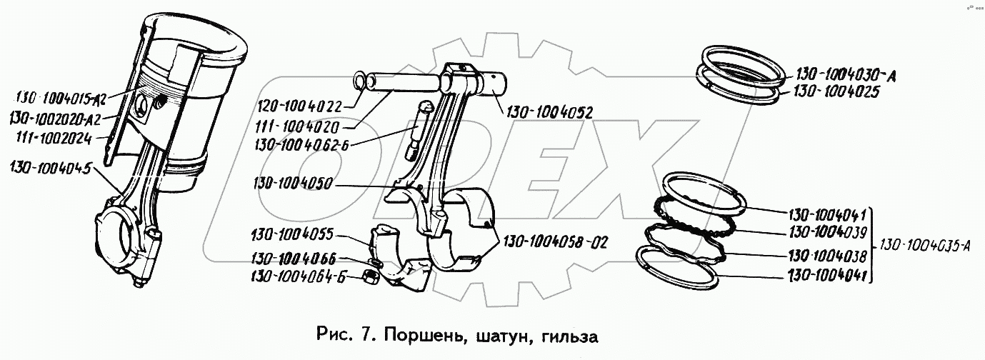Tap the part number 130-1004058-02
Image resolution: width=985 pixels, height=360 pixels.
[556, 241]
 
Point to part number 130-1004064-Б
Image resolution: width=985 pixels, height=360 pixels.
[298, 277]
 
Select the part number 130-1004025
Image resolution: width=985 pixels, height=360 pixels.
[834, 92]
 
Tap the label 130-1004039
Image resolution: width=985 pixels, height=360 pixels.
[827, 231]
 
